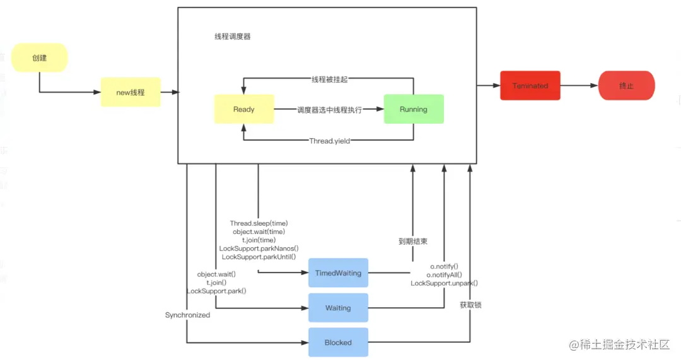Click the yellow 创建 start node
(40, 58)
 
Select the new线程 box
(131, 92)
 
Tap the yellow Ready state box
(244, 109)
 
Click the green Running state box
(414, 109)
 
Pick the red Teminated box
(530, 86)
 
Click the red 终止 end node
(626, 86)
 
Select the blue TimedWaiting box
(338, 273)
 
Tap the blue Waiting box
(338, 308)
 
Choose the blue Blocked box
(338, 342)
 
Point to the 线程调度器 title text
(233, 37)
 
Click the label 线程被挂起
(329, 79)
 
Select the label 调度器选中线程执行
(329, 110)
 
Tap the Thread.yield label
(329, 141)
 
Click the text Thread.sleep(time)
(259, 223)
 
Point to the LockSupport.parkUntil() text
(259, 257)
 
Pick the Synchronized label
(187, 315)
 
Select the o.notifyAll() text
(444, 275)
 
